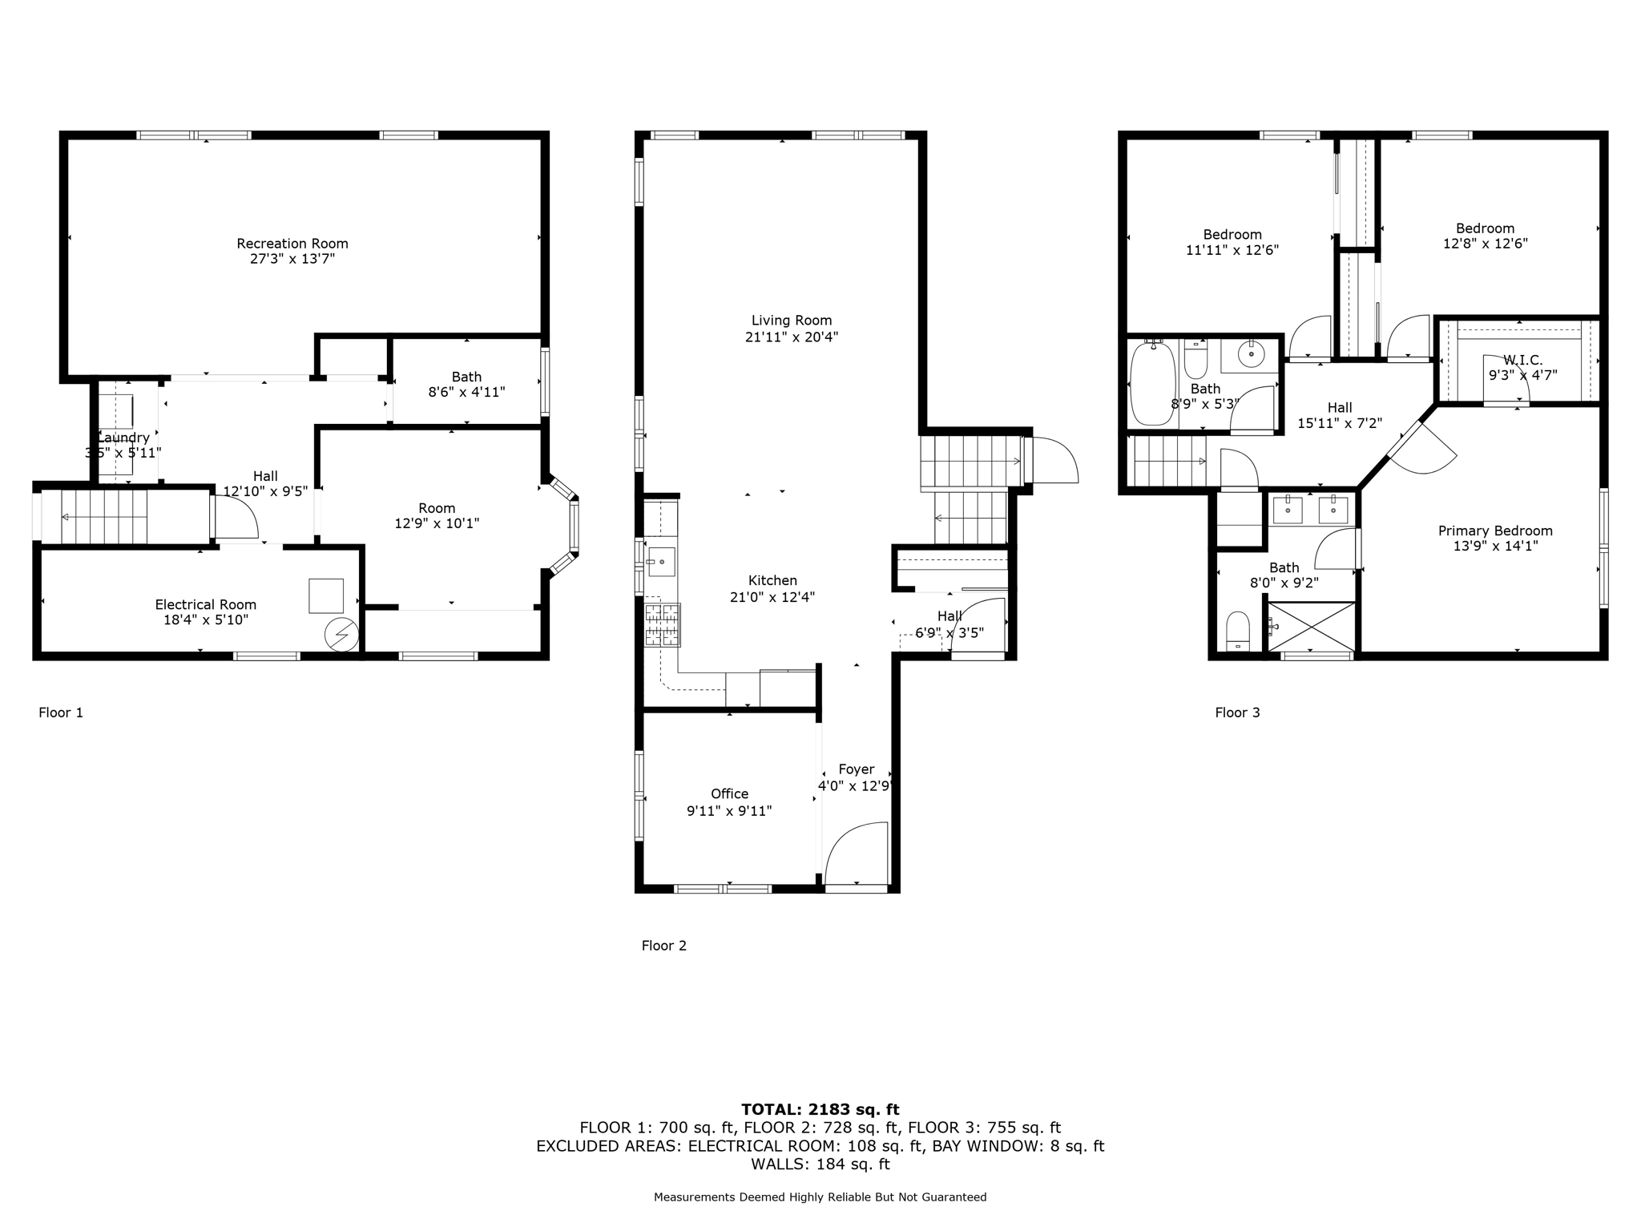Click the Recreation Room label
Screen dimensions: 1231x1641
point(292,244)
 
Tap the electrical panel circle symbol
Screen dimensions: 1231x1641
point(341,635)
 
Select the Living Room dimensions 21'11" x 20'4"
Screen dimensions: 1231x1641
point(792,337)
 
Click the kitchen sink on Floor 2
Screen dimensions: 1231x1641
point(661,562)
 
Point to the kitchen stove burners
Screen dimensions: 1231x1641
point(663,625)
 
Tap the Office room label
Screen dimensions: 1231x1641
point(729,793)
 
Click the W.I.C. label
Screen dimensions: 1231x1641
point(1522,361)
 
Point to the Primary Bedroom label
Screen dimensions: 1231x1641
point(1495,531)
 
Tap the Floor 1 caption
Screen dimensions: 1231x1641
point(61,712)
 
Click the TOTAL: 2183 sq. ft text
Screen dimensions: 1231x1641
point(820,1109)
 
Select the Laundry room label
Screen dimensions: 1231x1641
point(123,438)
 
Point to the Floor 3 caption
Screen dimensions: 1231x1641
point(1237,712)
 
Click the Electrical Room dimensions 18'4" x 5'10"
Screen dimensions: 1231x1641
point(205,620)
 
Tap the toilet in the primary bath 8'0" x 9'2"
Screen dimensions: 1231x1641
point(1238,631)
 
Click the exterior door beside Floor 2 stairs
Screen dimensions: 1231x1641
point(1054,461)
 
